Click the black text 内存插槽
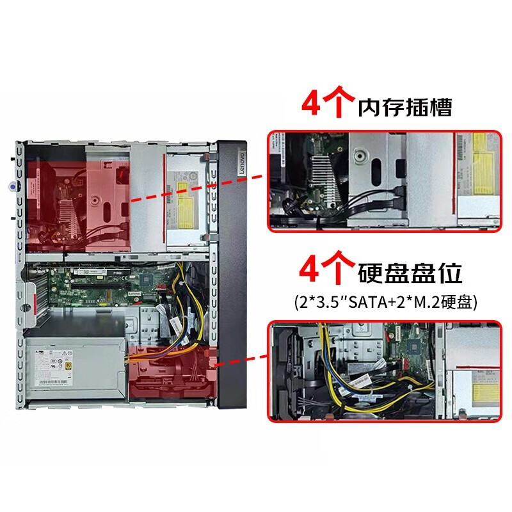tap(405, 106)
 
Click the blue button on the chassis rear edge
tap(14, 187)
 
